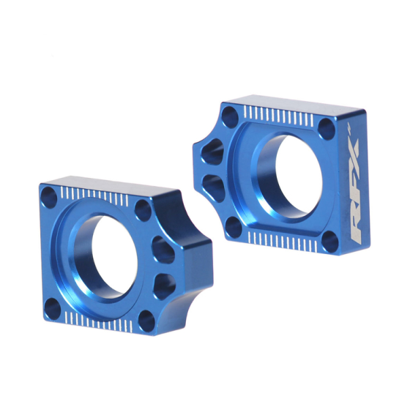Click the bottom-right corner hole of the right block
point(329,238)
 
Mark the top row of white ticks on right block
point(284,116)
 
